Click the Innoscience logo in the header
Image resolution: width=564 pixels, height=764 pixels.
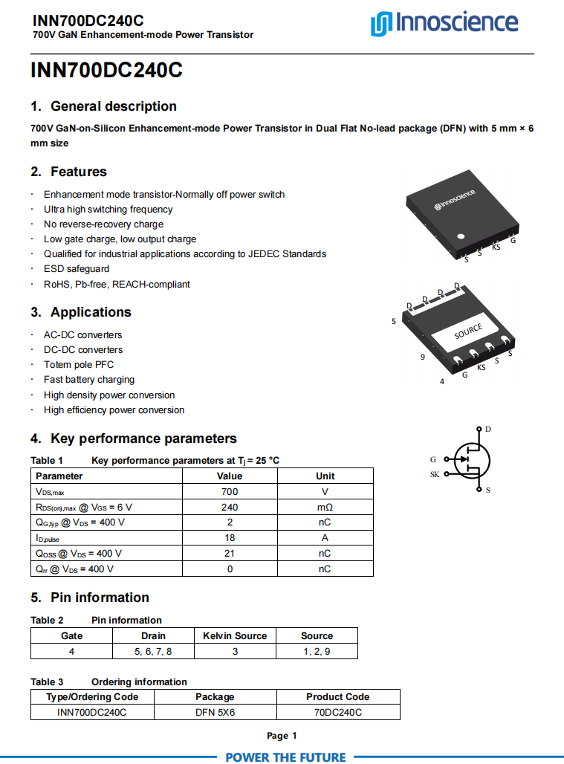(x=444, y=24)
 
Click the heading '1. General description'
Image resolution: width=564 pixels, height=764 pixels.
(x=103, y=106)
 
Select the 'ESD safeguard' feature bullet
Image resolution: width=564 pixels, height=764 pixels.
(x=77, y=269)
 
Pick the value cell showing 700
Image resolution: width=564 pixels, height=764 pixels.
(x=230, y=492)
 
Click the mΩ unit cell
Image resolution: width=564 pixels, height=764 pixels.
(x=325, y=508)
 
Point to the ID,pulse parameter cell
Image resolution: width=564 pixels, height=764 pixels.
(x=48, y=539)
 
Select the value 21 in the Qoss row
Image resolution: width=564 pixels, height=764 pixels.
(x=230, y=554)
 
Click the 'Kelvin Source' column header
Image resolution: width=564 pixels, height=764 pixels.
(x=235, y=636)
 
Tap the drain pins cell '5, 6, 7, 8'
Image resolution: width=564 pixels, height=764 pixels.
(x=153, y=652)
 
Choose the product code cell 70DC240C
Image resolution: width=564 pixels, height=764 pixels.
(x=337, y=713)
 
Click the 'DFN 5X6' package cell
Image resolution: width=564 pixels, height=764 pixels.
(x=215, y=713)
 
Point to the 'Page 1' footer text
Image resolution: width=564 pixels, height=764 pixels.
(x=282, y=736)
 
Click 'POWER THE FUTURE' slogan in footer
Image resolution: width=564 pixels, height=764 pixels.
(x=285, y=757)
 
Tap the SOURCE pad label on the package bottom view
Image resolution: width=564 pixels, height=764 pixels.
(x=468, y=331)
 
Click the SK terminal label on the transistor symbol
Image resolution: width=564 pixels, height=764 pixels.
(x=435, y=474)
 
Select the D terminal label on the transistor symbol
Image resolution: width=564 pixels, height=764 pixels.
(x=488, y=430)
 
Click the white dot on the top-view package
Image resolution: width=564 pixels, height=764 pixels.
(x=461, y=236)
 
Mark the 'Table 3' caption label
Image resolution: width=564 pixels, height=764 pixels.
(x=47, y=682)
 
